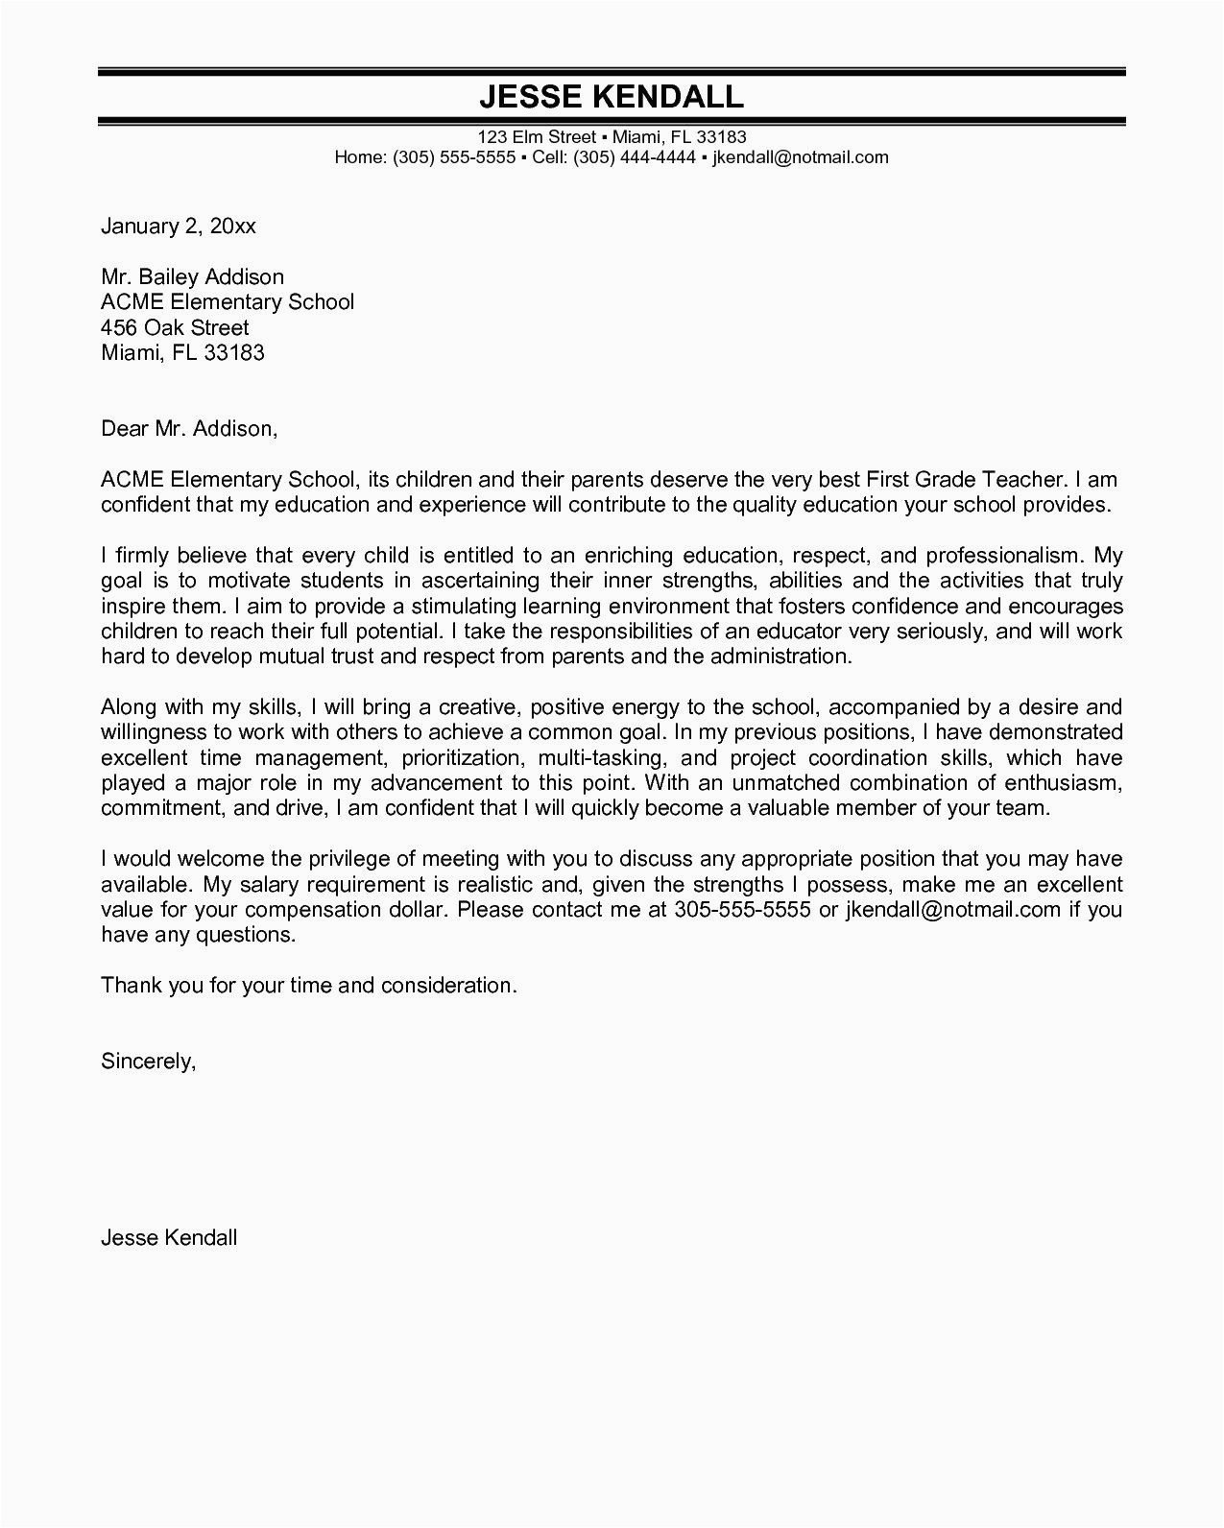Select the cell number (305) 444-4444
click(x=634, y=157)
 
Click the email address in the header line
click(x=801, y=157)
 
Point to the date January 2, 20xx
click(x=179, y=227)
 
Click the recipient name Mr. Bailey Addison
click(x=192, y=277)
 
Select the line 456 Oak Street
click(x=175, y=327)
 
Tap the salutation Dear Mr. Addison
click(x=189, y=428)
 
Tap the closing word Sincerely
click(x=148, y=1061)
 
